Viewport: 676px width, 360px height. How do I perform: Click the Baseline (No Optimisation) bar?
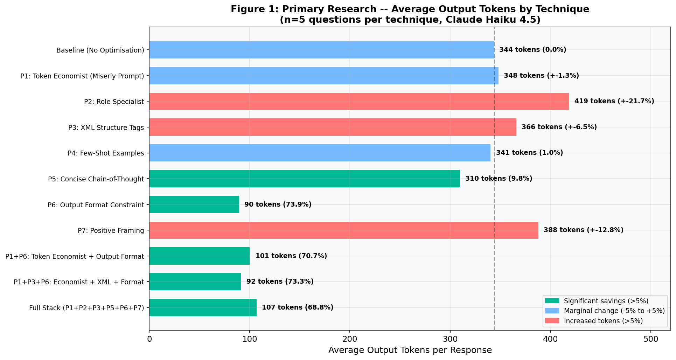coord(321,50)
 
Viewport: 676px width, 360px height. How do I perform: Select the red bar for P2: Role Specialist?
coord(359,101)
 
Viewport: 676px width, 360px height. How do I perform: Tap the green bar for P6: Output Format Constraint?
coord(194,205)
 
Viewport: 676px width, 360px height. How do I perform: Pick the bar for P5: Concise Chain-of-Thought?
coord(304,179)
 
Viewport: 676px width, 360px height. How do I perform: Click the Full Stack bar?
coord(203,307)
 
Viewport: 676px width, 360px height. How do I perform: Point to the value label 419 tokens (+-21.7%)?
coord(614,101)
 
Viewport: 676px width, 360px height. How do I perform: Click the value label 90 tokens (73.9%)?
coord(278,205)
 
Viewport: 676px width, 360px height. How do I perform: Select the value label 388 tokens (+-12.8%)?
coord(583,230)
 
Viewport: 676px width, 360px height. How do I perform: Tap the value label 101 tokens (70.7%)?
coord(291,256)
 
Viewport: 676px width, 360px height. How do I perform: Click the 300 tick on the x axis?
coord(450,339)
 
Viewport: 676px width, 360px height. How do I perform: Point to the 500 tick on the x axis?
coord(650,339)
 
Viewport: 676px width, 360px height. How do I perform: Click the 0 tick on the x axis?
coord(149,339)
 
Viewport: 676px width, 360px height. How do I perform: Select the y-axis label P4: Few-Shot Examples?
coord(106,153)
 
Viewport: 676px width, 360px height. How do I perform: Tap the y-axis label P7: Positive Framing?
coord(111,230)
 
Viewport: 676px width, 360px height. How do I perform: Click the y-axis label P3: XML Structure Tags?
coord(106,127)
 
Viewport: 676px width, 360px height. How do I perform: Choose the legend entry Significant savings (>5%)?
coord(606,301)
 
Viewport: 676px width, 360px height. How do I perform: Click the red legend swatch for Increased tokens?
coord(552,321)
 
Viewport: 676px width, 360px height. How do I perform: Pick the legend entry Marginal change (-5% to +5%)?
coord(614,311)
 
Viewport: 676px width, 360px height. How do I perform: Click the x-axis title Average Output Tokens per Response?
coord(410,350)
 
